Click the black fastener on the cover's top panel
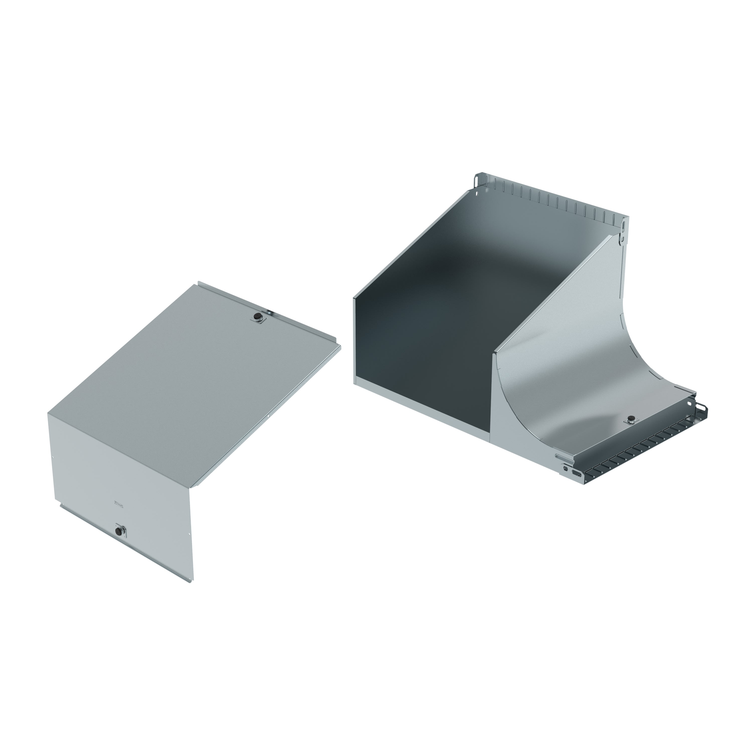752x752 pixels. [x=257, y=318]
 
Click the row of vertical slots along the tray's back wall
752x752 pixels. [x=553, y=202]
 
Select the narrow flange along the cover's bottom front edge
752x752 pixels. [x=125, y=545]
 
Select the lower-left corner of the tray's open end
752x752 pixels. [x=354, y=384]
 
